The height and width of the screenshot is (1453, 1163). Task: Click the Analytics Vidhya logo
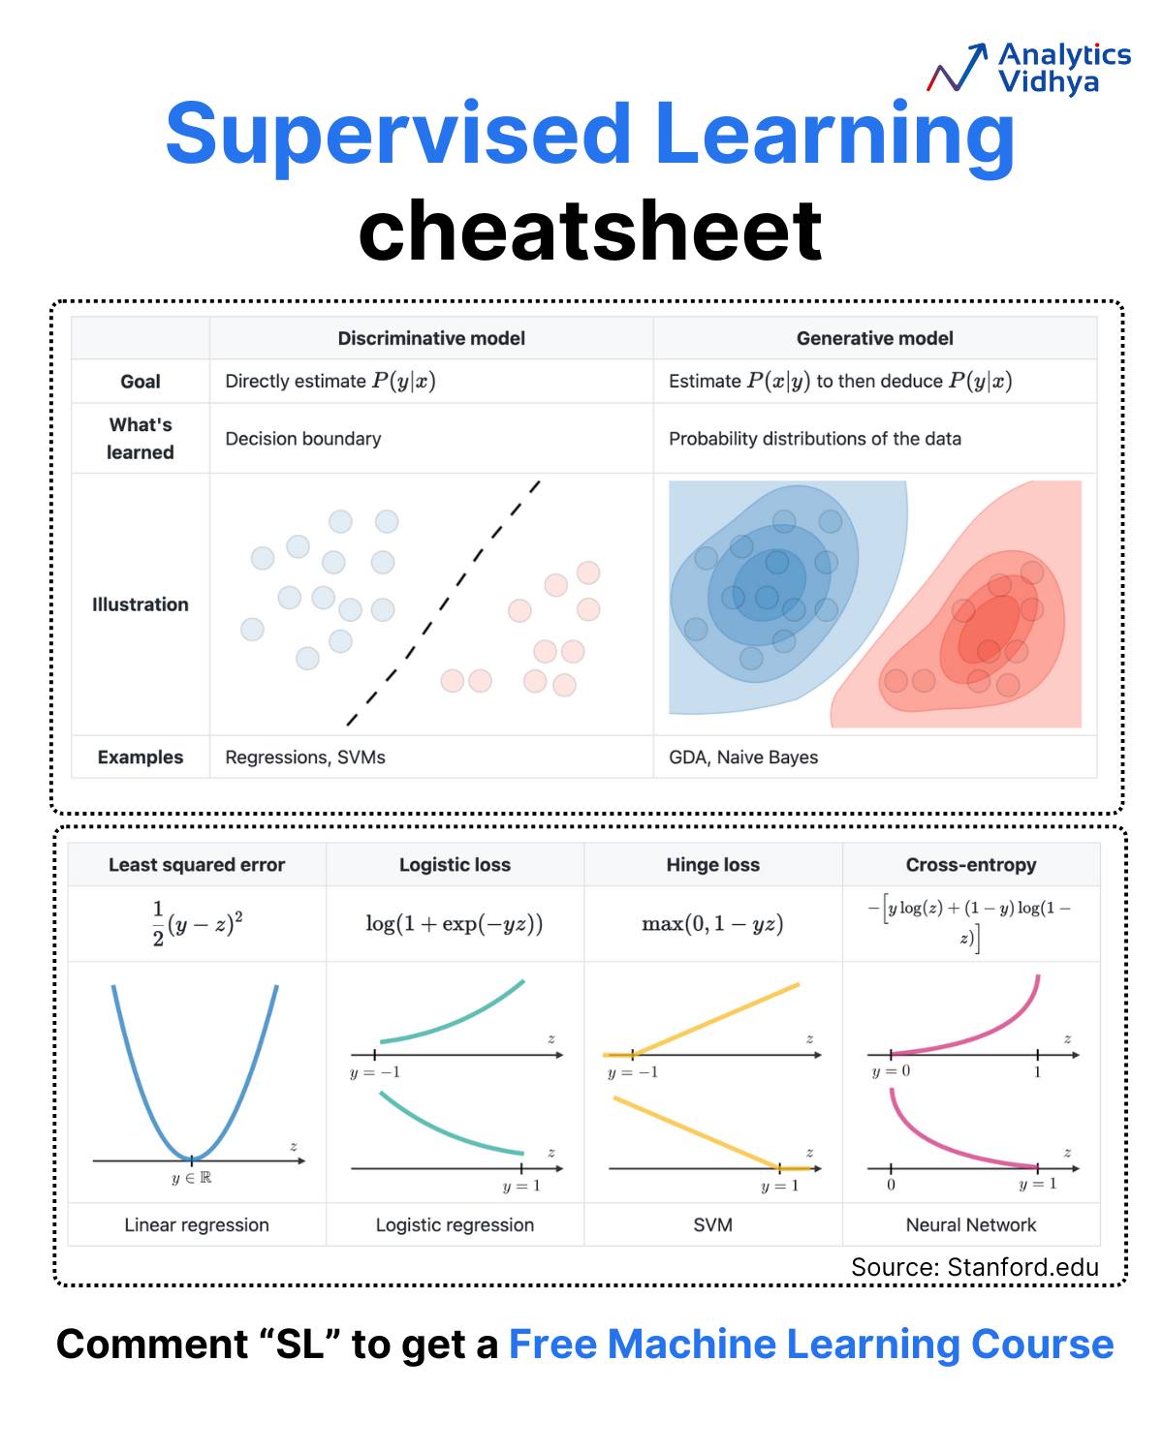[1027, 68]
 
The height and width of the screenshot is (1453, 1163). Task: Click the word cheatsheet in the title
[589, 231]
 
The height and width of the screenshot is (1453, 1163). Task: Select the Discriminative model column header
[430, 338]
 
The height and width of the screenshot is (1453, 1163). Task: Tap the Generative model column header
[874, 338]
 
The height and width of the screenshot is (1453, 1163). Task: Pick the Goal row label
[140, 381]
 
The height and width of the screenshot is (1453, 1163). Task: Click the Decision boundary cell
[302, 438]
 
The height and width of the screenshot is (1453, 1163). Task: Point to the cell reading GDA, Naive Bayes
[742, 757]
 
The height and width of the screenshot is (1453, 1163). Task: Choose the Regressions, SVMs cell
[304, 757]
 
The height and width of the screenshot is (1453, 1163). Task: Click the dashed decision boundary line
[443, 603]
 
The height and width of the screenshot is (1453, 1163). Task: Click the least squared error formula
[197, 922]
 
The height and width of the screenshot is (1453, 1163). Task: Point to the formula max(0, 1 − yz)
[711, 922]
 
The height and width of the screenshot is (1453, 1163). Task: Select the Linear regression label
[196, 1224]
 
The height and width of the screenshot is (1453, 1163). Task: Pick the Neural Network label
[970, 1224]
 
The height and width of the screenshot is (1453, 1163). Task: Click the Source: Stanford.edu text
[974, 1267]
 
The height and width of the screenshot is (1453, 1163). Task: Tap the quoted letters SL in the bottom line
[300, 1344]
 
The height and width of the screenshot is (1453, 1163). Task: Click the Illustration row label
[140, 603]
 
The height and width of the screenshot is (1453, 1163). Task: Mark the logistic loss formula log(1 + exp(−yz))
[454, 922]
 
